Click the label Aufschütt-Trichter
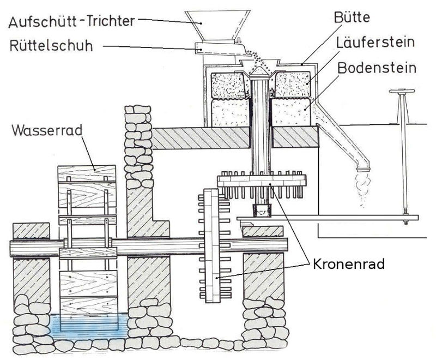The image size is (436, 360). click(71, 22)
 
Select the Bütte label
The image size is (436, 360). click(351, 17)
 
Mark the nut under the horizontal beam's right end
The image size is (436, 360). click(406, 222)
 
